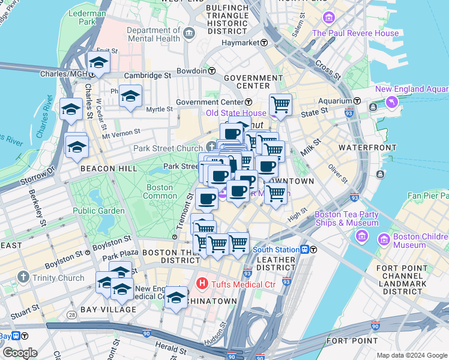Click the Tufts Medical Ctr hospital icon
(202, 283)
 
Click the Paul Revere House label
(355, 34)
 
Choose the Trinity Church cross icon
(23, 277)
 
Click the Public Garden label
(98, 211)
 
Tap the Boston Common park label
(160, 191)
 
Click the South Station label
(275, 250)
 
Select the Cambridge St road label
(148, 76)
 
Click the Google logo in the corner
(19, 353)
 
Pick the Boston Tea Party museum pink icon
(361, 236)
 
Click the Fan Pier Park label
(428, 196)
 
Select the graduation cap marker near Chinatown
(176, 297)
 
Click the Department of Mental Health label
(154, 34)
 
